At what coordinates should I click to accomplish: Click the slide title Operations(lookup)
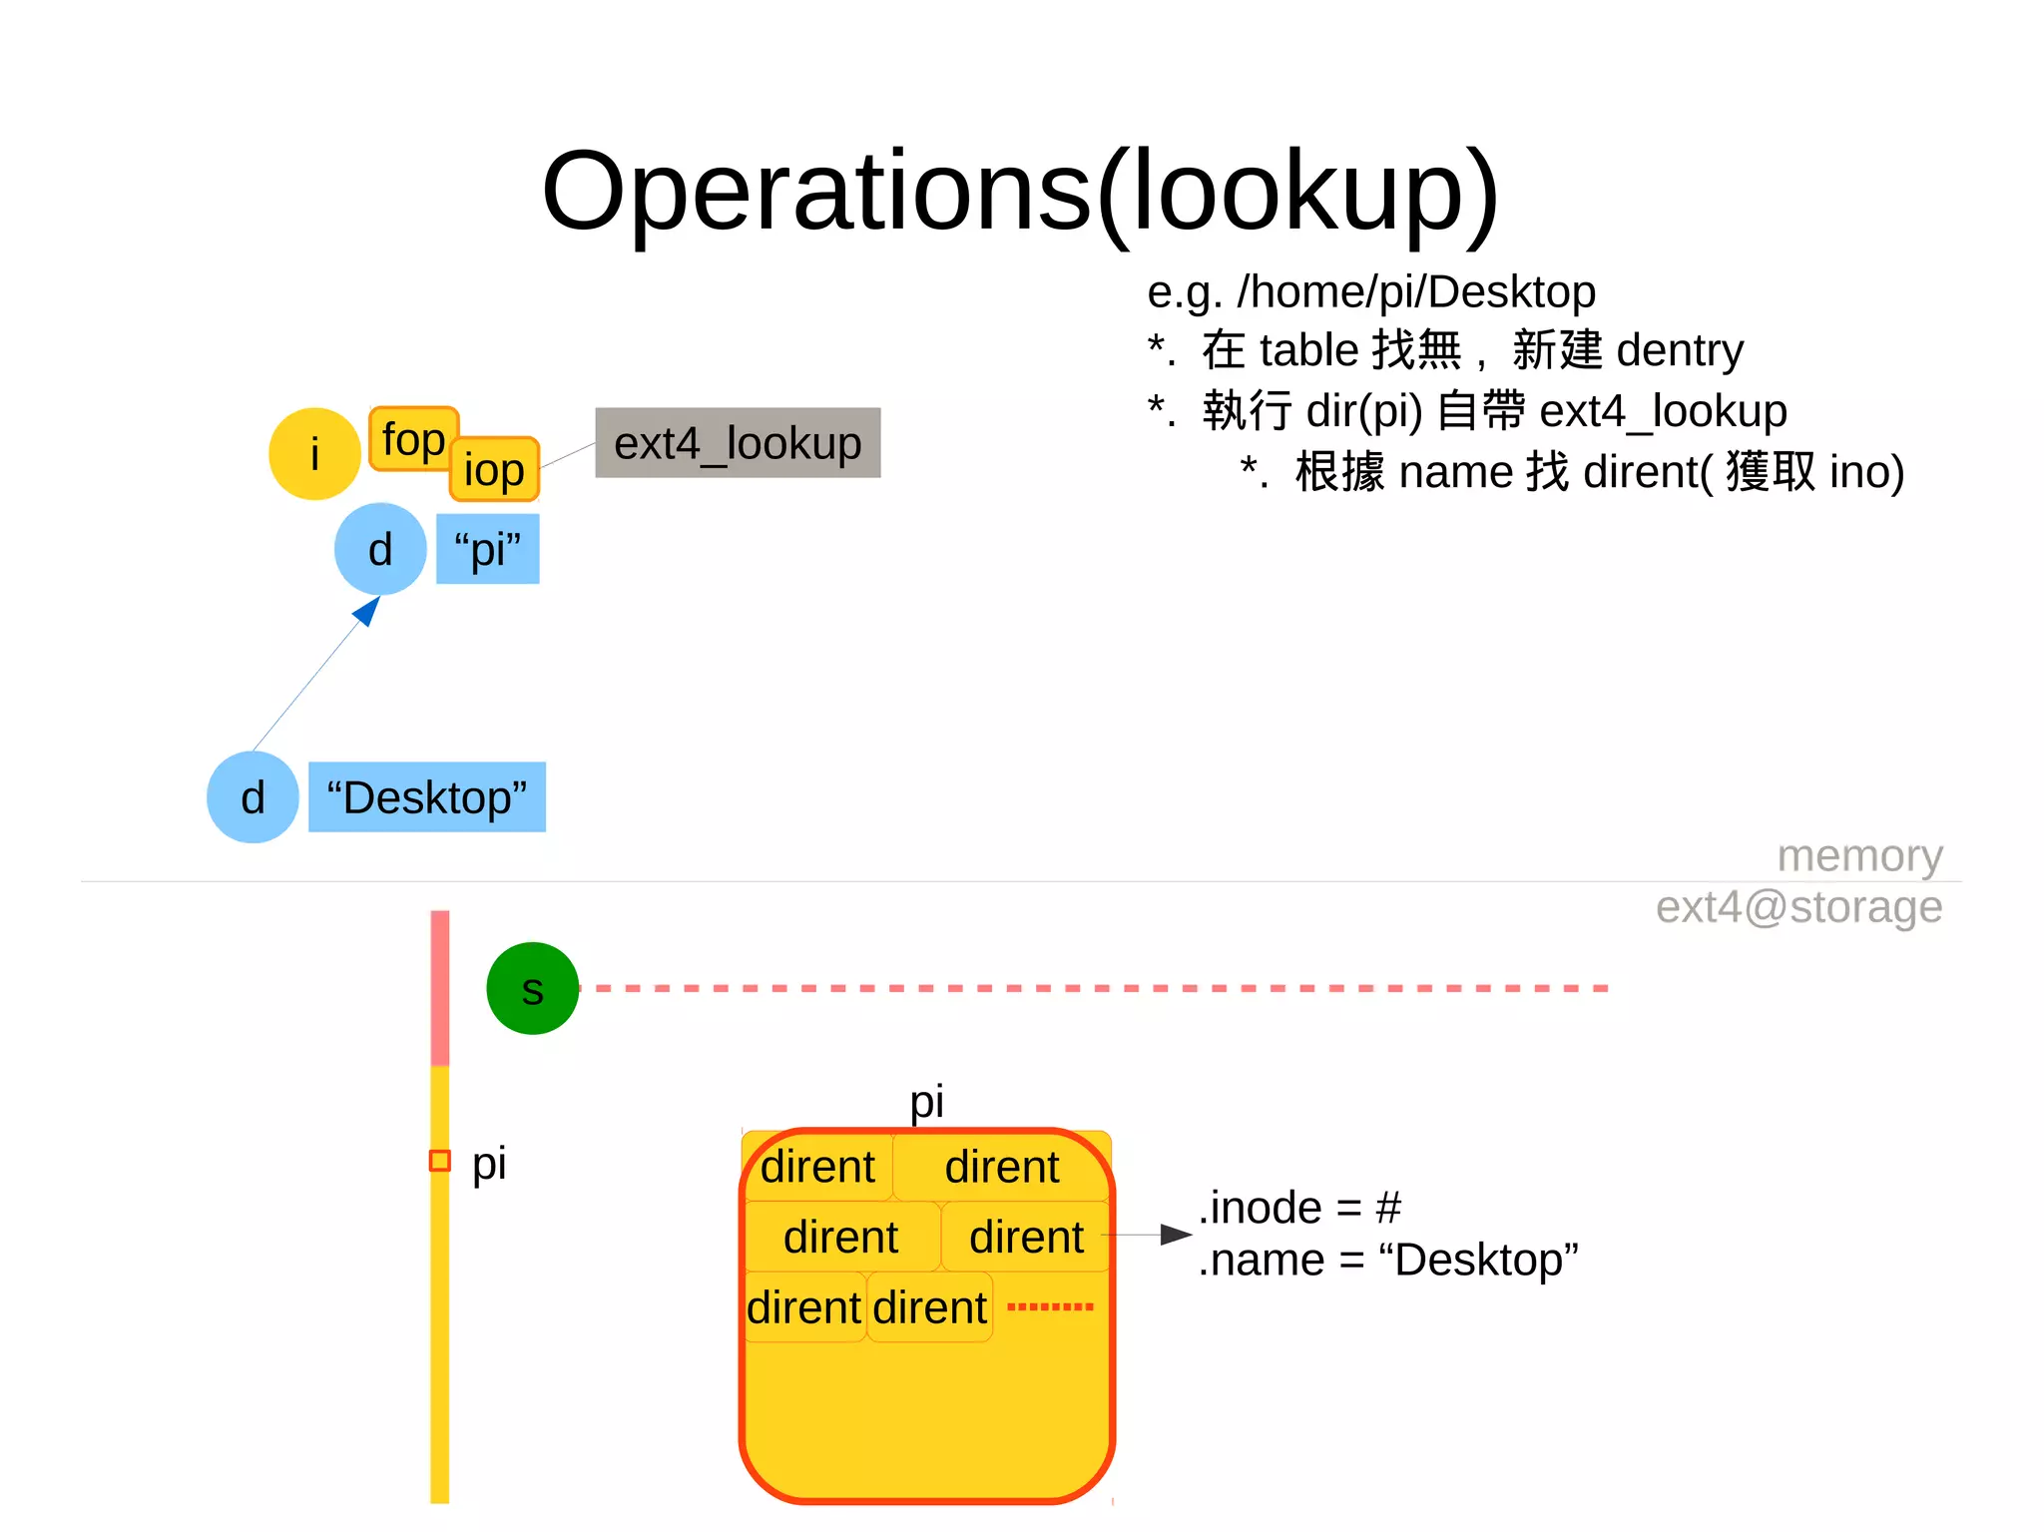pos(1020,192)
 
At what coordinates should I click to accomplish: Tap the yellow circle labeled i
pos(314,454)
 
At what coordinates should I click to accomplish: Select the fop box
pos(412,437)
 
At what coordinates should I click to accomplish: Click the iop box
pos(494,470)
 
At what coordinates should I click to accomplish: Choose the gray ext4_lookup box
pos(738,443)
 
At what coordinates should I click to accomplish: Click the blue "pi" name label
pos(487,549)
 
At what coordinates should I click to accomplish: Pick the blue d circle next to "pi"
pos(380,549)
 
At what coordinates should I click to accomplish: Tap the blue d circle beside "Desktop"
pos(253,797)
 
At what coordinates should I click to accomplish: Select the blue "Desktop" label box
pos(426,797)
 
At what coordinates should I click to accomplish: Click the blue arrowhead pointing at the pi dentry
pos(368,610)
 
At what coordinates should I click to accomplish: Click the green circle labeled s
pos(532,988)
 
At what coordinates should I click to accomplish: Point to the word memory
pos(1859,855)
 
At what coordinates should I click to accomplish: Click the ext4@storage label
pos(1798,907)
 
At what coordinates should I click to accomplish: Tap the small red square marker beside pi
pos(439,1161)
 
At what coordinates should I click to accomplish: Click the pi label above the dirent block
pos(926,1101)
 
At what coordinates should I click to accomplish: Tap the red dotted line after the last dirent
pos(1050,1306)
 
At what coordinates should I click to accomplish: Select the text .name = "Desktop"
pos(1387,1261)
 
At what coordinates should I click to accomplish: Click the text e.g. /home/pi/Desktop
pos(1370,291)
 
